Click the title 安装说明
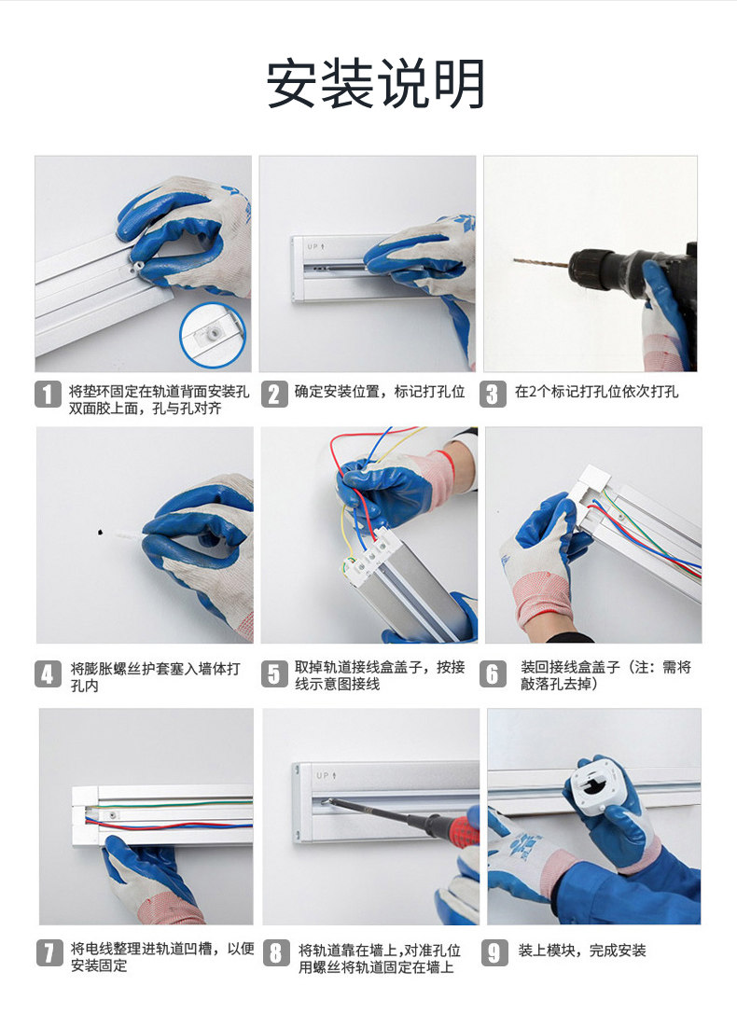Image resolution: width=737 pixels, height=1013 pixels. tap(375, 85)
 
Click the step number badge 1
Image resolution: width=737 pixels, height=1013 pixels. tap(48, 394)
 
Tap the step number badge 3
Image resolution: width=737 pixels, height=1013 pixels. tap(494, 394)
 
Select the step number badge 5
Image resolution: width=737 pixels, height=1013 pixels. tap(272, 673)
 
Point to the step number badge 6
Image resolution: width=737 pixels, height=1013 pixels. tap(494, 673)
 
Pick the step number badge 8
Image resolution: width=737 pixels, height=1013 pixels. tap(275, 952)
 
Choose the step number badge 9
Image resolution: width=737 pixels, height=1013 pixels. tap(494, 952)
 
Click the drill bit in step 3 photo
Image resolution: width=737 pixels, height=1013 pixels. tap(541, 262)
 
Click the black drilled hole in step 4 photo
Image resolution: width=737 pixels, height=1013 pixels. tap(98, 533)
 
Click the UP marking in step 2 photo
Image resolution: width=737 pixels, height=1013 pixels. tap(313, 247)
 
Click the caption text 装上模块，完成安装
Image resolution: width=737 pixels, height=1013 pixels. tap(582, 951)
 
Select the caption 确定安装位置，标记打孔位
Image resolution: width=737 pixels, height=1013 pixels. tap(380, 392)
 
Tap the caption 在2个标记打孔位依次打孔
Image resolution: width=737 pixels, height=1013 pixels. tap(597, 392)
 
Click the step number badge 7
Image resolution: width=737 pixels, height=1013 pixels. tap(49, 952)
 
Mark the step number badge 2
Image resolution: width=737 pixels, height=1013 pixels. tap(273, 394)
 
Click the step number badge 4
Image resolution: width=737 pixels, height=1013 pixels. tap(48, 673)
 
